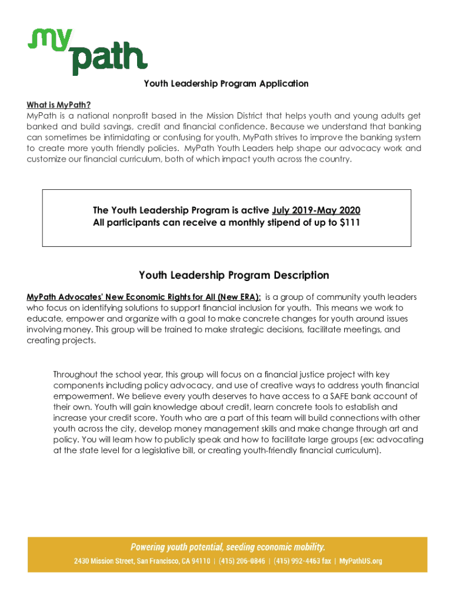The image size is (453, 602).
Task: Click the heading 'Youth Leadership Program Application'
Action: click(x=226, y=83)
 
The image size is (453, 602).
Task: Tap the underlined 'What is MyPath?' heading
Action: click(x=58, y=105)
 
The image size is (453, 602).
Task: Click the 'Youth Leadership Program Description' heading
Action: click(x=234, y=275)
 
